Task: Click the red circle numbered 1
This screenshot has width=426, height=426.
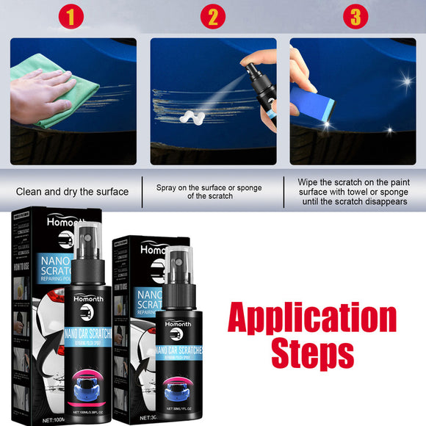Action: tap(71, 15)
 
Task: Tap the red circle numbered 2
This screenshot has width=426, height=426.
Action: tap(212, 15)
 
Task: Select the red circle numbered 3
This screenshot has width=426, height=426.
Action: tap(355, 15)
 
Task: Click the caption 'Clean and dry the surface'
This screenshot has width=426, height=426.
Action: tap(72, 192)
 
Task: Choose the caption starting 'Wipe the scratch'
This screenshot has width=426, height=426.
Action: tap(353, 192)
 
